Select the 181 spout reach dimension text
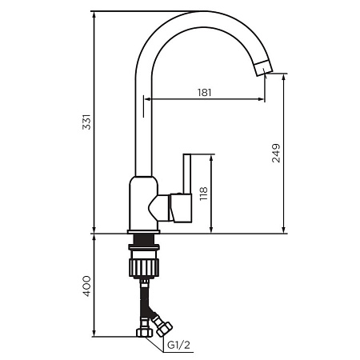pyautogui.click(x=204, y=92)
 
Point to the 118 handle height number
pyautogui.click(x=204, y=194)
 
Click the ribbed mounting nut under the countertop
pyautogui.click(x=144, y=265)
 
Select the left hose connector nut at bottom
pyautogui.click(x=144, y=332)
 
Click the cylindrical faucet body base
pyautogui.click(x=140, y=204)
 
